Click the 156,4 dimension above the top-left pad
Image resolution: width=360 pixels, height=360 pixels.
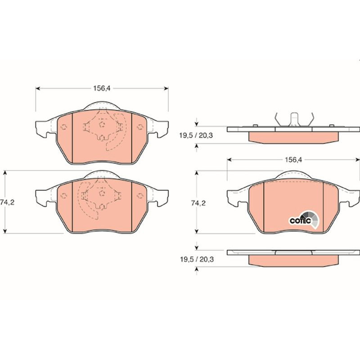(102, 88)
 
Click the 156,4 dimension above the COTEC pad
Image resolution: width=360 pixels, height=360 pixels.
(293, 160)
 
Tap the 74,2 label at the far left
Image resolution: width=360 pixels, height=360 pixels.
(7, 202)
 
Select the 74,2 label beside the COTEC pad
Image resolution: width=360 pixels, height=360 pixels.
(198, 203)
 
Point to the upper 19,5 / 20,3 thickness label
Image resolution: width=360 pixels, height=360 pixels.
(196, 135)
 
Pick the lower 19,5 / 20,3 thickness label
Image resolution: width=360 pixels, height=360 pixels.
(197, 260)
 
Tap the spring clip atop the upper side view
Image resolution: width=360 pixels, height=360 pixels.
(294, 120)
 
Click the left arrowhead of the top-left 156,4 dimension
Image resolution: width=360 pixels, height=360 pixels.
(38, 88)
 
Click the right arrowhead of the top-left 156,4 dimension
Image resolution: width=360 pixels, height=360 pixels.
(166, 88)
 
